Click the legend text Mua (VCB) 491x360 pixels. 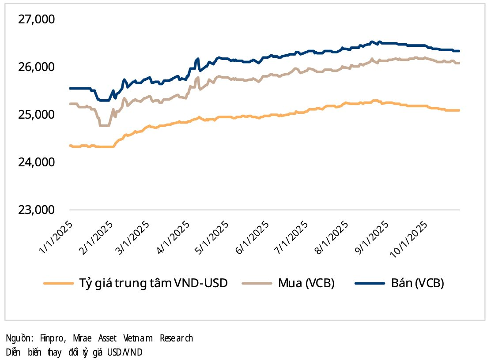click(x=306, y=283)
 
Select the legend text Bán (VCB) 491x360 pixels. click(x=417, y=283)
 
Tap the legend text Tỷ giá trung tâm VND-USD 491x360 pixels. click(x=153, y=283)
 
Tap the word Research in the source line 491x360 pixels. click(x=176, y=339)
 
